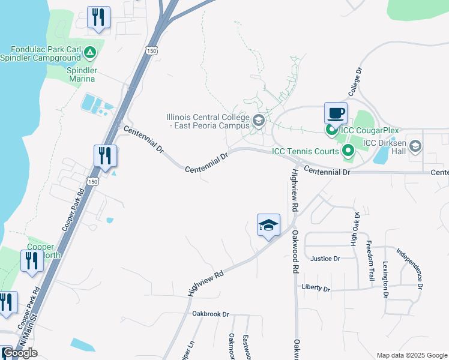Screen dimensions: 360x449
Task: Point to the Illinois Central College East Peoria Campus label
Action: click(x=208, y=121)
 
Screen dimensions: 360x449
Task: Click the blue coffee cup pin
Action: click(x=336, y=113)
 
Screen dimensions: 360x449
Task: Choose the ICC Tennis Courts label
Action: click(x=305, y=151)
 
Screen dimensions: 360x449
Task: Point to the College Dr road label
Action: click(x=355, y=82)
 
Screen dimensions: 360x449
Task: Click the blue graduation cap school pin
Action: click(x=268, y=225)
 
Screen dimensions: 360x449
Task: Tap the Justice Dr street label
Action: click(x=325, y=259)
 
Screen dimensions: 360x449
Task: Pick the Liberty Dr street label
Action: click(x=316, y=288)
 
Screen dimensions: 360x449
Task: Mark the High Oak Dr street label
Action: click(x=355, y=229)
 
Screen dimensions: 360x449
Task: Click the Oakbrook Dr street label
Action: click(x=211, y=314)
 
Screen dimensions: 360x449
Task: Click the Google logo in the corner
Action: click(x=20, y=353)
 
